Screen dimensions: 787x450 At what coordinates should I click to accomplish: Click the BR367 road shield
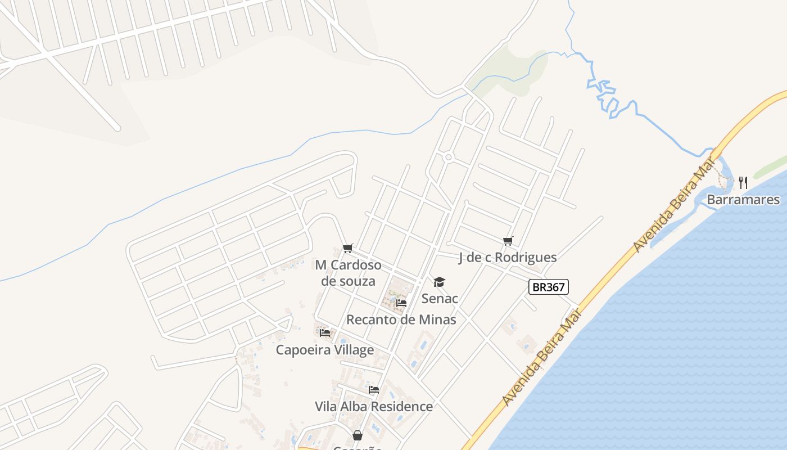(x=549, y=287)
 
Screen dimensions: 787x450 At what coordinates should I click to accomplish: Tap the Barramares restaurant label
(x=743, y=200)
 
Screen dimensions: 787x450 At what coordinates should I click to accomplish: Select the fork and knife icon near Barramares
(x=743, y=182)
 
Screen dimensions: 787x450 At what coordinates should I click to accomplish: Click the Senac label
(x=440, y=299)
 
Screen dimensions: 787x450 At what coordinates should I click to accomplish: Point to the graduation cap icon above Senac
(x=439, y=282)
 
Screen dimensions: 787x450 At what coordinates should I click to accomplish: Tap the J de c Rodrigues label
(x=508, y=258)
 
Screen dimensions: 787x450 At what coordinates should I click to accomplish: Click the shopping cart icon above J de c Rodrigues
(x=508, y=241)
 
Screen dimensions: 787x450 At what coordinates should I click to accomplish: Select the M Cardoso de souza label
(x=348, y=273)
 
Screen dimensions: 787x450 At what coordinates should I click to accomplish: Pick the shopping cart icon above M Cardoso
(x=348, y=249)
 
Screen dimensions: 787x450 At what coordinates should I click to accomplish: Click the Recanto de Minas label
(x=401, y=319)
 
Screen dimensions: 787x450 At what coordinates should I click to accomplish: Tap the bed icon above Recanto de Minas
(x=401, y=303)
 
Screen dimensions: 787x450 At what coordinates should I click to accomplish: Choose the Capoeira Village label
(x=324, y=350)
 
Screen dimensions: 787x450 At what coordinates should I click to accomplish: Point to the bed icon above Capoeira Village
(x=324, y=332)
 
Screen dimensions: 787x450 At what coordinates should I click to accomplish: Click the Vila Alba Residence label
(x=373, y=406)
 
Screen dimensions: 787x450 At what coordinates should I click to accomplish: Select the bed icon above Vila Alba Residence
(x=374, y=389)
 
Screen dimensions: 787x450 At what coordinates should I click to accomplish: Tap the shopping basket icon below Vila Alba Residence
(x=358, y=435)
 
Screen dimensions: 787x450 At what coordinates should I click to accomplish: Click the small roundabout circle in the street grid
(x=448, y=157)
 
